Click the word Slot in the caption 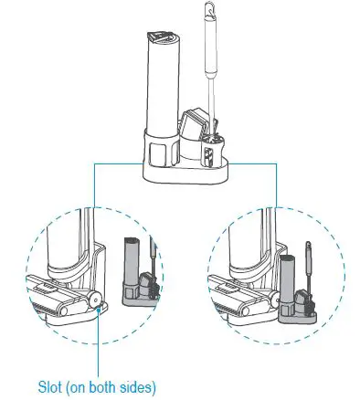coord(51,384)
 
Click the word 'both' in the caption coord(107,384)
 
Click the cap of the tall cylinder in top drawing coord(162,37)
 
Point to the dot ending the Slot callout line coord(95,310)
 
